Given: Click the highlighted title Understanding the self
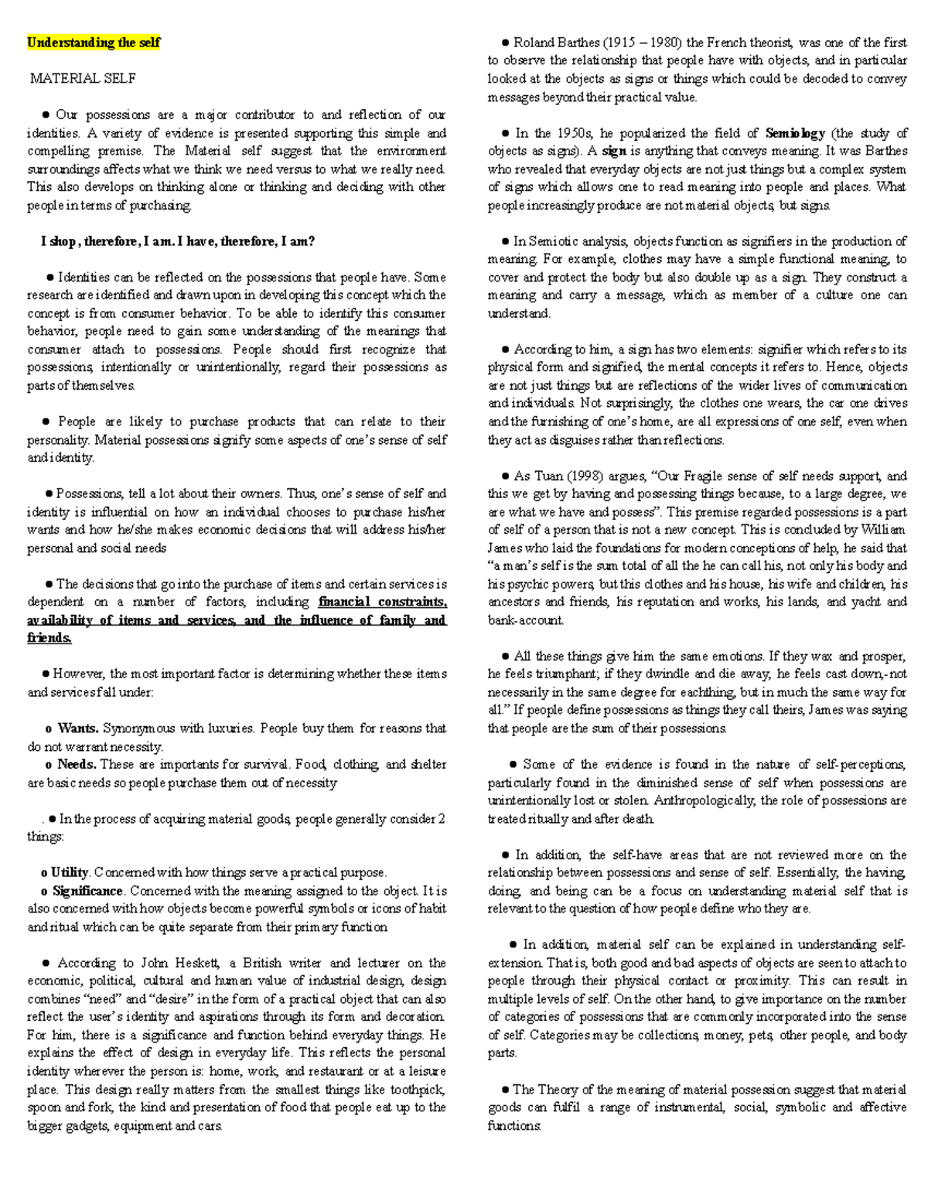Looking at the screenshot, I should [x=94, y=43].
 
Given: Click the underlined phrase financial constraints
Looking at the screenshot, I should [x=382, y=602].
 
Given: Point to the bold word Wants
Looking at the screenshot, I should [x=77, y=728].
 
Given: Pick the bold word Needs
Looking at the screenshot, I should [x=76, y=764].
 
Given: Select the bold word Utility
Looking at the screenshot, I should [x=70, y=872].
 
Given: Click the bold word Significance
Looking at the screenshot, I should [x=87, y=890].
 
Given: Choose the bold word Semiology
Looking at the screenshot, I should [x=795, y=133].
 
